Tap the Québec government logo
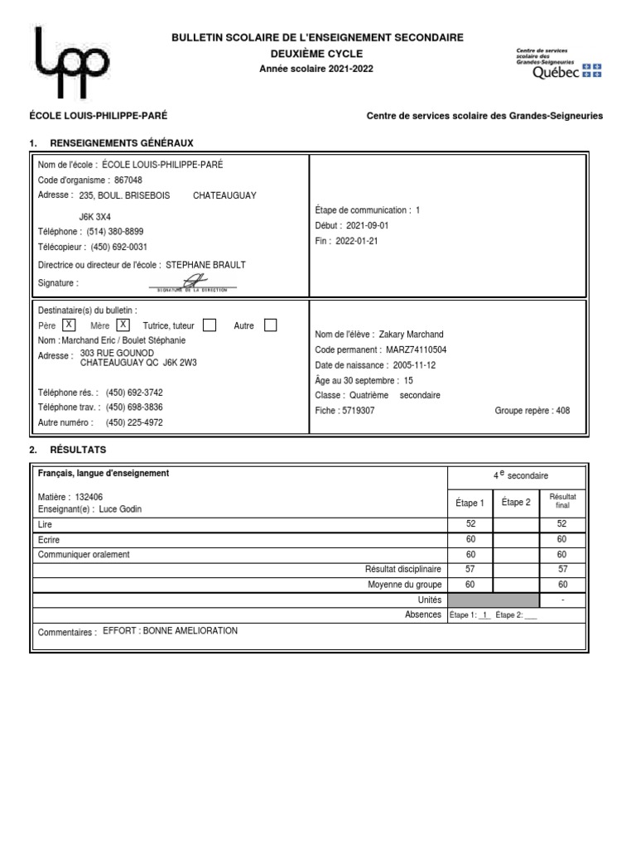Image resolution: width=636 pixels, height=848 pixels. click(558, 63)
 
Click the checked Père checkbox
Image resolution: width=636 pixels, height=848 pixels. click(70, 325)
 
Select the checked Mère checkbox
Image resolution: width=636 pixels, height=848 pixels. click(123, 325)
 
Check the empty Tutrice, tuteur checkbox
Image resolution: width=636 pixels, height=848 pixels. click(210, 325)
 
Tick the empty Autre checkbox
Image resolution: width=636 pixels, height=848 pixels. click(270, 325)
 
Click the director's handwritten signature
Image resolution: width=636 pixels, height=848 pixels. click(192, 282)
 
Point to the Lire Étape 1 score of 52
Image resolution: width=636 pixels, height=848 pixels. click(470, 524)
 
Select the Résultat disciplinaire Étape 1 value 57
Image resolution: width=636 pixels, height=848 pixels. click(470, 569)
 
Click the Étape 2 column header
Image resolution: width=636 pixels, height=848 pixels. click(516, 502)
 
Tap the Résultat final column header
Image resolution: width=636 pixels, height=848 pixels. click(562, 500)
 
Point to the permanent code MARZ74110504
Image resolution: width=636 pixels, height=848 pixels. click(417, 350)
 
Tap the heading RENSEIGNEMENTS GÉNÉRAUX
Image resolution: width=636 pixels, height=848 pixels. click(122, 143)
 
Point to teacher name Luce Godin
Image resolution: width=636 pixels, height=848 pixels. click(120, 508)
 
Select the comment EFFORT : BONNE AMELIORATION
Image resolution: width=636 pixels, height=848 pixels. click(170, 631)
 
